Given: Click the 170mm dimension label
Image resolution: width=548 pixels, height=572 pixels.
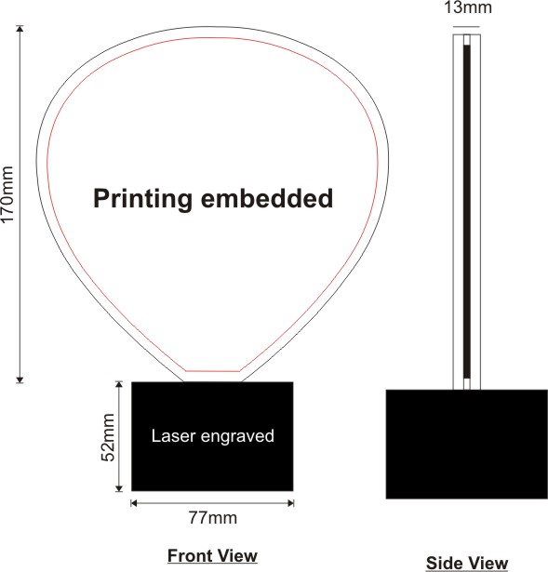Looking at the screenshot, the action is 7,193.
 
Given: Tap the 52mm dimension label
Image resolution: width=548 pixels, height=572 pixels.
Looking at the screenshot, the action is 108,437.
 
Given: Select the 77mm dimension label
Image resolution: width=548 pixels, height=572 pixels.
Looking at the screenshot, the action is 213,518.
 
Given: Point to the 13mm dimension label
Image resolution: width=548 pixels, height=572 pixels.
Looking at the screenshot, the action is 468,7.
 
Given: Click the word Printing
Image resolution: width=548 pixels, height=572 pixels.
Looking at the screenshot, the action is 142,199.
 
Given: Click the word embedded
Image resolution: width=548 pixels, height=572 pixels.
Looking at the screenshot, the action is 267,198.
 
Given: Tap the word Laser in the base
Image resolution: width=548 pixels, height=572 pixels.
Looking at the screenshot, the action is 173,436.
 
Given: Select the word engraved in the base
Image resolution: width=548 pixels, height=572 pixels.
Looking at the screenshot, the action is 237,437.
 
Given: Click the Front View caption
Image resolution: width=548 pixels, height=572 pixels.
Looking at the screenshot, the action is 213,556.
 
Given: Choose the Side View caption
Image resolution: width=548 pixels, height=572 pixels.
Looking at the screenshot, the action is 467,563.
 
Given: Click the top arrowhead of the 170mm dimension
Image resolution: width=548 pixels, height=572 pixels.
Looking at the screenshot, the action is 20,29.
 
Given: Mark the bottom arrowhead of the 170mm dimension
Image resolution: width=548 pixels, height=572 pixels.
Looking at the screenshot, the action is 20,379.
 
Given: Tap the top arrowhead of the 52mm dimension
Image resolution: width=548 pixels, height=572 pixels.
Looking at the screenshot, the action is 119,384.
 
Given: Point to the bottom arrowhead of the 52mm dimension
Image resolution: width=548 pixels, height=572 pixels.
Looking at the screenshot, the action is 119,488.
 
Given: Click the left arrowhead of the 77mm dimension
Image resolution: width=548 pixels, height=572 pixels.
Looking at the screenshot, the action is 134,503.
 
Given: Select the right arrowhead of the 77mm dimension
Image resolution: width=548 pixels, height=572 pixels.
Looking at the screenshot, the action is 291,503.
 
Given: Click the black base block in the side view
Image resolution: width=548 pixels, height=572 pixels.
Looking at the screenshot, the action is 467,444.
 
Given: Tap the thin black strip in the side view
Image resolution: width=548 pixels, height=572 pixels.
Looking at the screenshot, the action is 467,211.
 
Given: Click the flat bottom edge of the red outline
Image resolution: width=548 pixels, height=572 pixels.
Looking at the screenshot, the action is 213,371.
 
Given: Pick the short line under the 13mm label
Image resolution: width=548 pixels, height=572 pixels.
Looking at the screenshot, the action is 466,27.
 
